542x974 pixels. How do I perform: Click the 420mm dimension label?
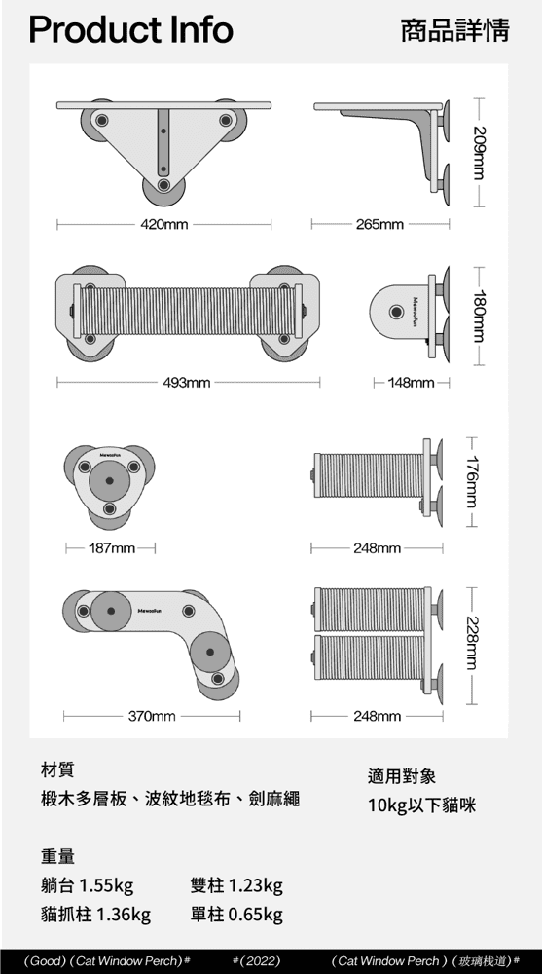(x=163, y=224)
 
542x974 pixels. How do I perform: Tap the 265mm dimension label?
(x=379, y=224)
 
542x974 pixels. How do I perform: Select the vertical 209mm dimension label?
(x=478, y=153)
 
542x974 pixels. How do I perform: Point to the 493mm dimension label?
(x=187, y=383)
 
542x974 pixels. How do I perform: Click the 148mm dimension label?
(x=411, y=383)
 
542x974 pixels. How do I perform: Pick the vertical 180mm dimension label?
(x=478, y=317)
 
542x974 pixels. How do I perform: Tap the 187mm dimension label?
(x=112, y=548)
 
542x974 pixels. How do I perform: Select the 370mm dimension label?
(x=152, y=716)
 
